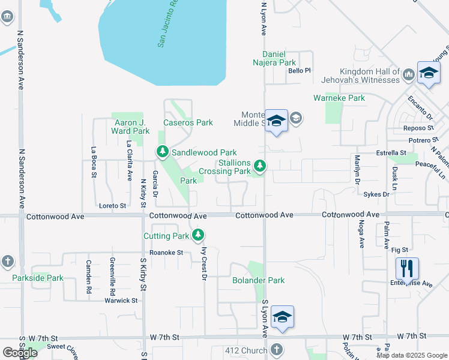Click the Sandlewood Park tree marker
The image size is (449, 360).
coord(162,152)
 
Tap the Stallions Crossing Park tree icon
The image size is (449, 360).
coord(260,164)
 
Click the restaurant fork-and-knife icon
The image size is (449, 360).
coord(407,268)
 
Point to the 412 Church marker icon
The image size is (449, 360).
coord(277,349)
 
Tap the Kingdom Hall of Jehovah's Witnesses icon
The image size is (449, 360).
coord(409,74)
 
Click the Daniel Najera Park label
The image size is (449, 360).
coord(271,62)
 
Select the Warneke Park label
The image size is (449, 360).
coord(339,98)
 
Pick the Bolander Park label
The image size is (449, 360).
coord(259,280)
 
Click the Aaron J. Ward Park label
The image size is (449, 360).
coord(132,127)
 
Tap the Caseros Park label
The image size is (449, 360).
coord(188,122)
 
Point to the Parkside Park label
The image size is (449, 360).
coord(38,278)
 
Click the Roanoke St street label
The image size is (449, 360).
coord(166,253)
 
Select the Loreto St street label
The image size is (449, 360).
coord(112,206)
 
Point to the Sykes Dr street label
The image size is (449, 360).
coord(377,194)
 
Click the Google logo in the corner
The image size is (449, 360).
coord(20,353)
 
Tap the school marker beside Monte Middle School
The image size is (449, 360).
coord(277,121)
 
